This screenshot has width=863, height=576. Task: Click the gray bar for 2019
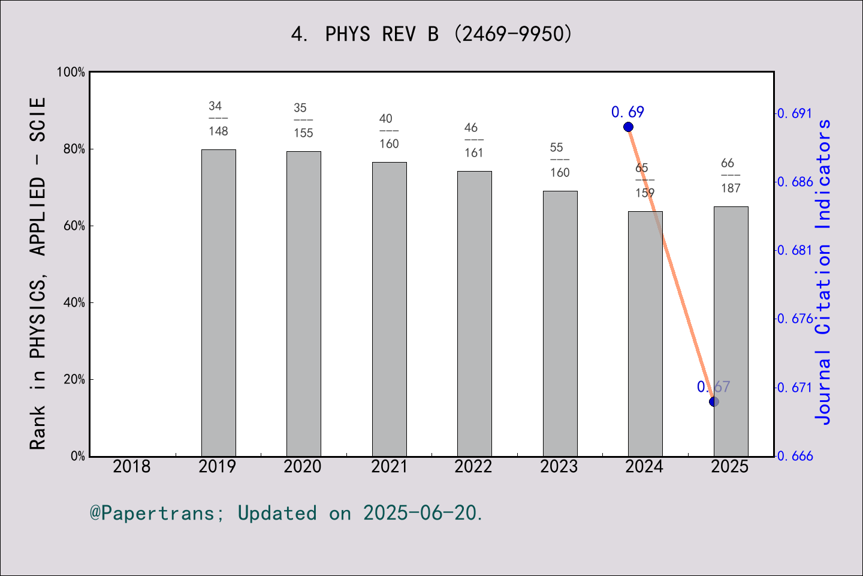pos(218,303)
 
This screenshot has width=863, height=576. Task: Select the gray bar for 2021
pos(389,309)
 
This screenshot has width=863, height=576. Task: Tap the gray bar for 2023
pos(560,324)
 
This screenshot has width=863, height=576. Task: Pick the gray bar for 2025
pos(731,331)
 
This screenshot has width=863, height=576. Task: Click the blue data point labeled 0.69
pos(628,127)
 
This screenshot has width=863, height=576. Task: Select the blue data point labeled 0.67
pos(714,401)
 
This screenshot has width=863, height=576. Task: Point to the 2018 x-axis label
pos(132,466)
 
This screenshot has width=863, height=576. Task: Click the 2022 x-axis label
pos(473,466)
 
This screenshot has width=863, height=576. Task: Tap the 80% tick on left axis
pos(74,149)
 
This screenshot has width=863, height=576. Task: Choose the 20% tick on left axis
pos(74,379)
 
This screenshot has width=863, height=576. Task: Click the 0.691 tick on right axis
pos(795,113)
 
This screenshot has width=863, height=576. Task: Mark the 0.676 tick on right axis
pos(795,319)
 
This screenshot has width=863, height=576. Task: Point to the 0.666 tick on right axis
pos(795,456)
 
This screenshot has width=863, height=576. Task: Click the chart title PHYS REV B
pos(431,34)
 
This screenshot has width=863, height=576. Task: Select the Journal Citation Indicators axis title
pos(823,272)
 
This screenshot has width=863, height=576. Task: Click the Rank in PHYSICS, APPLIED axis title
pos(38,273)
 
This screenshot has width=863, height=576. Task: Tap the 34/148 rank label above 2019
pos(218,119)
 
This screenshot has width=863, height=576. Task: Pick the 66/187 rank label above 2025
pos(731,176)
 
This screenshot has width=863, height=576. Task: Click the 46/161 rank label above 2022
pos(473,140)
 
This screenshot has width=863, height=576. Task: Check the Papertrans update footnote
pos(286,513)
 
